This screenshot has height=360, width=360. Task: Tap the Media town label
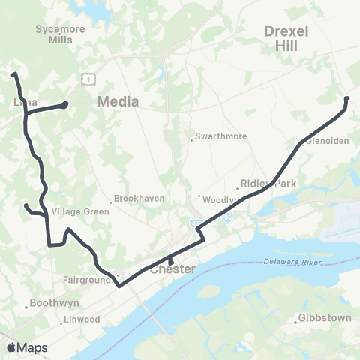118,101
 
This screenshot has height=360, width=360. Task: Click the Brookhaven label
135,199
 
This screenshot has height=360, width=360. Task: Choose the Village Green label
81,211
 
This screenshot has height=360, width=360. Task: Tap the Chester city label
173,269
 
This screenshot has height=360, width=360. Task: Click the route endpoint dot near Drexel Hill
346,98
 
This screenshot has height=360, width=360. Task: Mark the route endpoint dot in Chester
171,262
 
